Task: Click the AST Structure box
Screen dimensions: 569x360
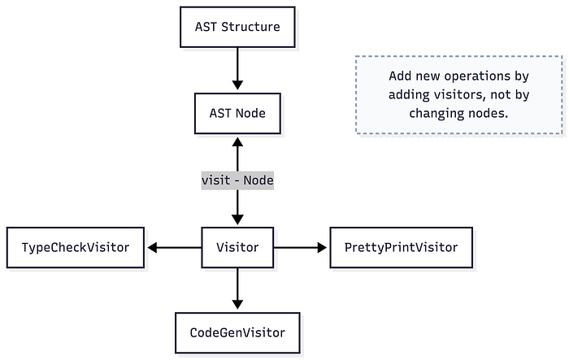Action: (x=237, y=27)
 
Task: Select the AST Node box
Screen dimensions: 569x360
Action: (x=237, y=113)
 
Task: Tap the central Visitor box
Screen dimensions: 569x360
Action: (x=237, y=248)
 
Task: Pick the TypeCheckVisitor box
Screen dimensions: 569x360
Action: (x=76, y=248)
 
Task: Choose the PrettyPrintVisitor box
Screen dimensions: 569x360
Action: (x=401, y=248)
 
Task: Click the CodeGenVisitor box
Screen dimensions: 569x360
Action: (x=237, y=333)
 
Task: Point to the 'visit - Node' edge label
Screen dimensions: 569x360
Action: (x=237, y=180)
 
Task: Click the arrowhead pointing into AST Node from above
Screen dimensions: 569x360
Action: (x=237, y=85)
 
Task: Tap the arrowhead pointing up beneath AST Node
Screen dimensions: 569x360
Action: (x=237, y=142)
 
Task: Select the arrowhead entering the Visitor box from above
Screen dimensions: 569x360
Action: (x=237, y=219)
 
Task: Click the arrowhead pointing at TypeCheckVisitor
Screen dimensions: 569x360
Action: (x=153, y=248)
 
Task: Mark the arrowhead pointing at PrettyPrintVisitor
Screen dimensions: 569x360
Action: (x=322, y=248)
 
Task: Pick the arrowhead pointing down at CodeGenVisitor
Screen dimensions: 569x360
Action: (x=237, y=305)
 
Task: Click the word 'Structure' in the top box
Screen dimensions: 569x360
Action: (x=250, y=27)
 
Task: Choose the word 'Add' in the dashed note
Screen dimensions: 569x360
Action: (x=400, y=76)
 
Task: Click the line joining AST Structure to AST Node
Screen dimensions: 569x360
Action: (x=237, y=64)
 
